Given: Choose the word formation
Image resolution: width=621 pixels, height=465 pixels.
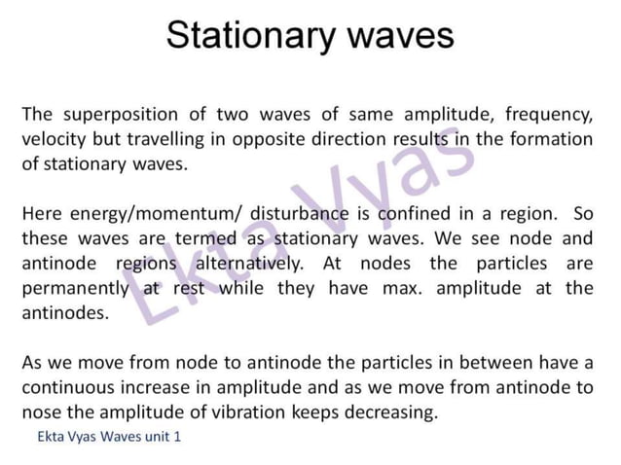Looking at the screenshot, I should point(549,138).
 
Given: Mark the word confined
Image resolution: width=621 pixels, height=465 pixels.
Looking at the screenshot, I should point(389,213).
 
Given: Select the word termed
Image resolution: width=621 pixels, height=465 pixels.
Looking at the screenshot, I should point(201,238).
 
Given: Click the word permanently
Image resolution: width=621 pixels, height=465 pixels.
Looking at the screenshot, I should point(75,289).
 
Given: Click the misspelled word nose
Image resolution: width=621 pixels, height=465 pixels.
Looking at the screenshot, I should point(41,412).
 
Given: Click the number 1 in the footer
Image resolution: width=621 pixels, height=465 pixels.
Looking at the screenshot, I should point(177,437).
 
